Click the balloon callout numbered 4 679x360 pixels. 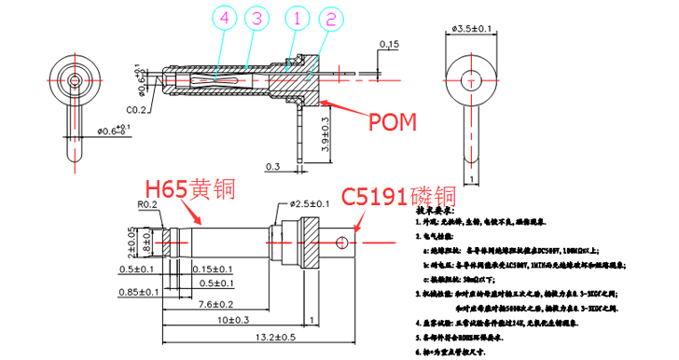point(221,19)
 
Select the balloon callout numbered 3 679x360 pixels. point(257,19)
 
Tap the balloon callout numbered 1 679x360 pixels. point(294,19)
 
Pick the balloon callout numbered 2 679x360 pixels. point(327,19)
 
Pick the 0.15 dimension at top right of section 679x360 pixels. point(389,44)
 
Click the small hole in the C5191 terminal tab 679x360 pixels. point(341,244)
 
